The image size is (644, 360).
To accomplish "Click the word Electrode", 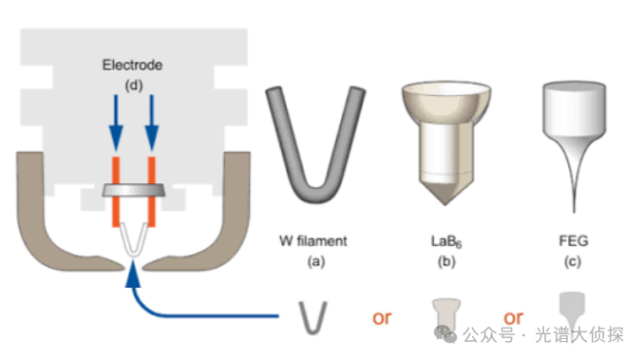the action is pyautogui.click(x=132, y=65).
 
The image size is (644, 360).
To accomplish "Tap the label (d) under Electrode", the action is pyautogui.click(x=134, y=85).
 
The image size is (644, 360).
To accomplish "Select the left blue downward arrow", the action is pyautogui.click(x=116, y=123).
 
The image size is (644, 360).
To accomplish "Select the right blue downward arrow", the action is pyautogui.click(x=152, y=123).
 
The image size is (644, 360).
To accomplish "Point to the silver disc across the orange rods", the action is pyautogui.click(x=134, y=190).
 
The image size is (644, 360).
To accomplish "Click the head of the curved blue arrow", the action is pyautogui.click(x=133, y=275).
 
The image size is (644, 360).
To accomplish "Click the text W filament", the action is pyautogui.click(x=313, y=241).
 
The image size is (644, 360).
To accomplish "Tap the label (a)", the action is pyautogui.click(x=316, y=261).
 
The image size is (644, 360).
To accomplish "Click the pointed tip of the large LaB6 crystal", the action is pyautogui.click(x=445, y=203).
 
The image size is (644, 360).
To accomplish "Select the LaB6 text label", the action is pyautogui.click(x=446, y=241).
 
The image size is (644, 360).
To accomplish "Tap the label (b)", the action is pyautogui.click(x=446, y=261).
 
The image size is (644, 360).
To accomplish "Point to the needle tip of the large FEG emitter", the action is pyautogui.click(x=574, y=212).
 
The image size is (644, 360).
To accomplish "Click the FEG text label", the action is pyautogui.click(x=574, y=240).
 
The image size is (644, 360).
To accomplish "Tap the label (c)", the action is pyautogui.click(x=573, y=261).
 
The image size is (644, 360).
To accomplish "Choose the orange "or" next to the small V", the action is pyautogui.click(x=382, y=318).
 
